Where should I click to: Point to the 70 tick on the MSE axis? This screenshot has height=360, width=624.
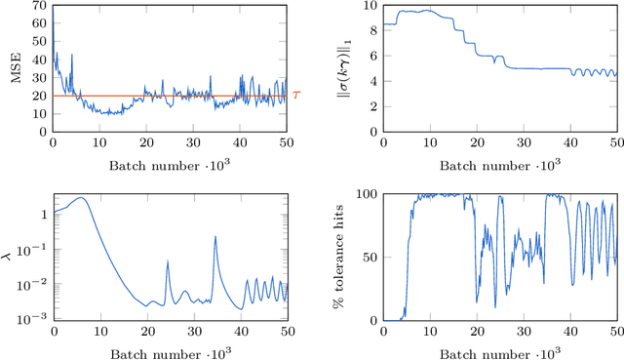click(41, 6)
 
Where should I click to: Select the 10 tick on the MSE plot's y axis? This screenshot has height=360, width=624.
click(41, 113)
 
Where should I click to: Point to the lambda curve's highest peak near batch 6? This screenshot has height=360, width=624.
click(81, 198)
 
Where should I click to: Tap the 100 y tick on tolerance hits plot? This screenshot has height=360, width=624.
click(366, 194)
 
